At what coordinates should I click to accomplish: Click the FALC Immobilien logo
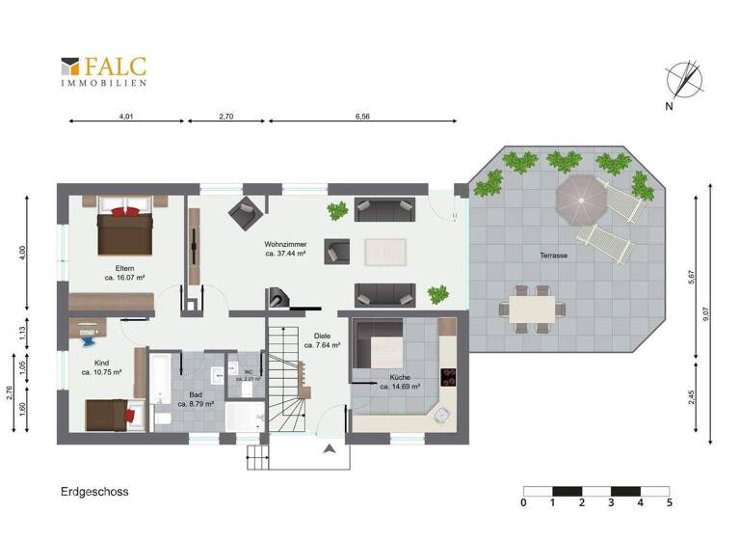point(104,71)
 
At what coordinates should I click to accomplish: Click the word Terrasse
point(553,256)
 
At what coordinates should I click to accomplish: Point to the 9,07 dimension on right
point(706,312)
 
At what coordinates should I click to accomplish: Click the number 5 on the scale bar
point(669,503)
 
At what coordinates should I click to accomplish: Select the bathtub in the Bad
point(160,380)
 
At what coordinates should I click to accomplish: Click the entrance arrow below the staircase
point(330,448)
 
